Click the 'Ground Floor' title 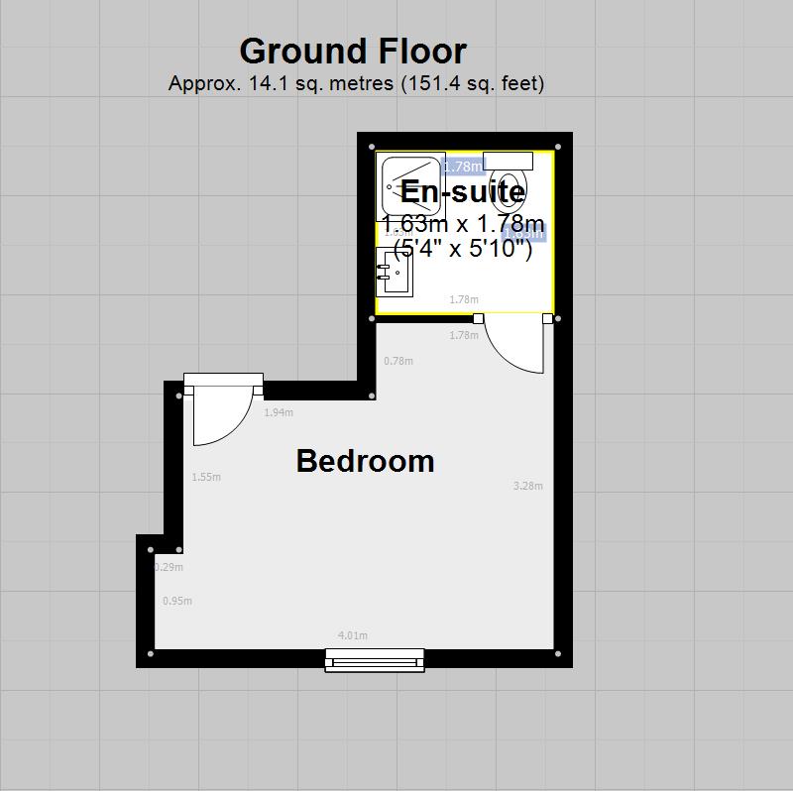[352, 51]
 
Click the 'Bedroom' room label [365, 461]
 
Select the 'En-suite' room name [462, 190]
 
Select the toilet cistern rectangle [509, 161]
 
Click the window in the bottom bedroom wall [375, 660]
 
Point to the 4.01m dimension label [353, 635]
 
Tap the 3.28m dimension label [528, 486]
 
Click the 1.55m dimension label [206, 477]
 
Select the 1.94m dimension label [279, 412]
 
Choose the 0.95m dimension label [177, 601]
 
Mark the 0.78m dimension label [397, 361]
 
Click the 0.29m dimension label [170, 567]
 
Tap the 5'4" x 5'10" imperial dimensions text [463, 248]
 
